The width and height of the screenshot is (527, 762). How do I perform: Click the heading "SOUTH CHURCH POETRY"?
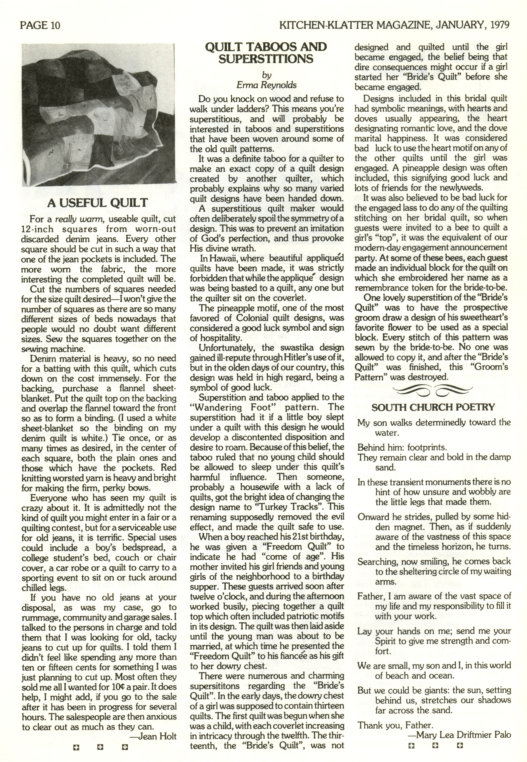point(433,407)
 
